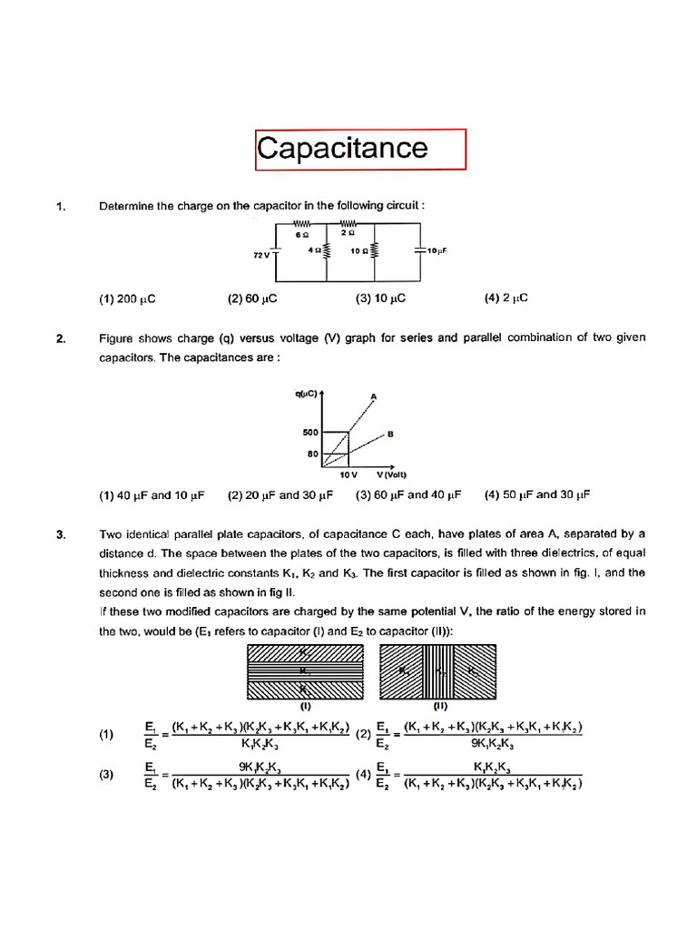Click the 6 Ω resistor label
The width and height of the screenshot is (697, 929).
coord(302,234)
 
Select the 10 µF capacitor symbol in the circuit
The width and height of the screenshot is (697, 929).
coord(418,249)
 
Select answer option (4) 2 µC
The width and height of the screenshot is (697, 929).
coord(506,298)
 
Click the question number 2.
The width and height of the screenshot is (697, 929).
coord(60,338)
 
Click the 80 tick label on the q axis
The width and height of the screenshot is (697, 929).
coord(311,453)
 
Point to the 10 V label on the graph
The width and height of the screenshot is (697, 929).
coord(348,475)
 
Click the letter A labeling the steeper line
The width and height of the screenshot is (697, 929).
coord(373,396)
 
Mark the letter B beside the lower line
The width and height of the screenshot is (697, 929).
coord(390,435)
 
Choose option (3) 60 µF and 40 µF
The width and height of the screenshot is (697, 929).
coord(408,495)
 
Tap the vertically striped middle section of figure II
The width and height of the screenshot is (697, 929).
coord(439,670)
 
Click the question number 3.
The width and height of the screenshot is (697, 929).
coord(60,535)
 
